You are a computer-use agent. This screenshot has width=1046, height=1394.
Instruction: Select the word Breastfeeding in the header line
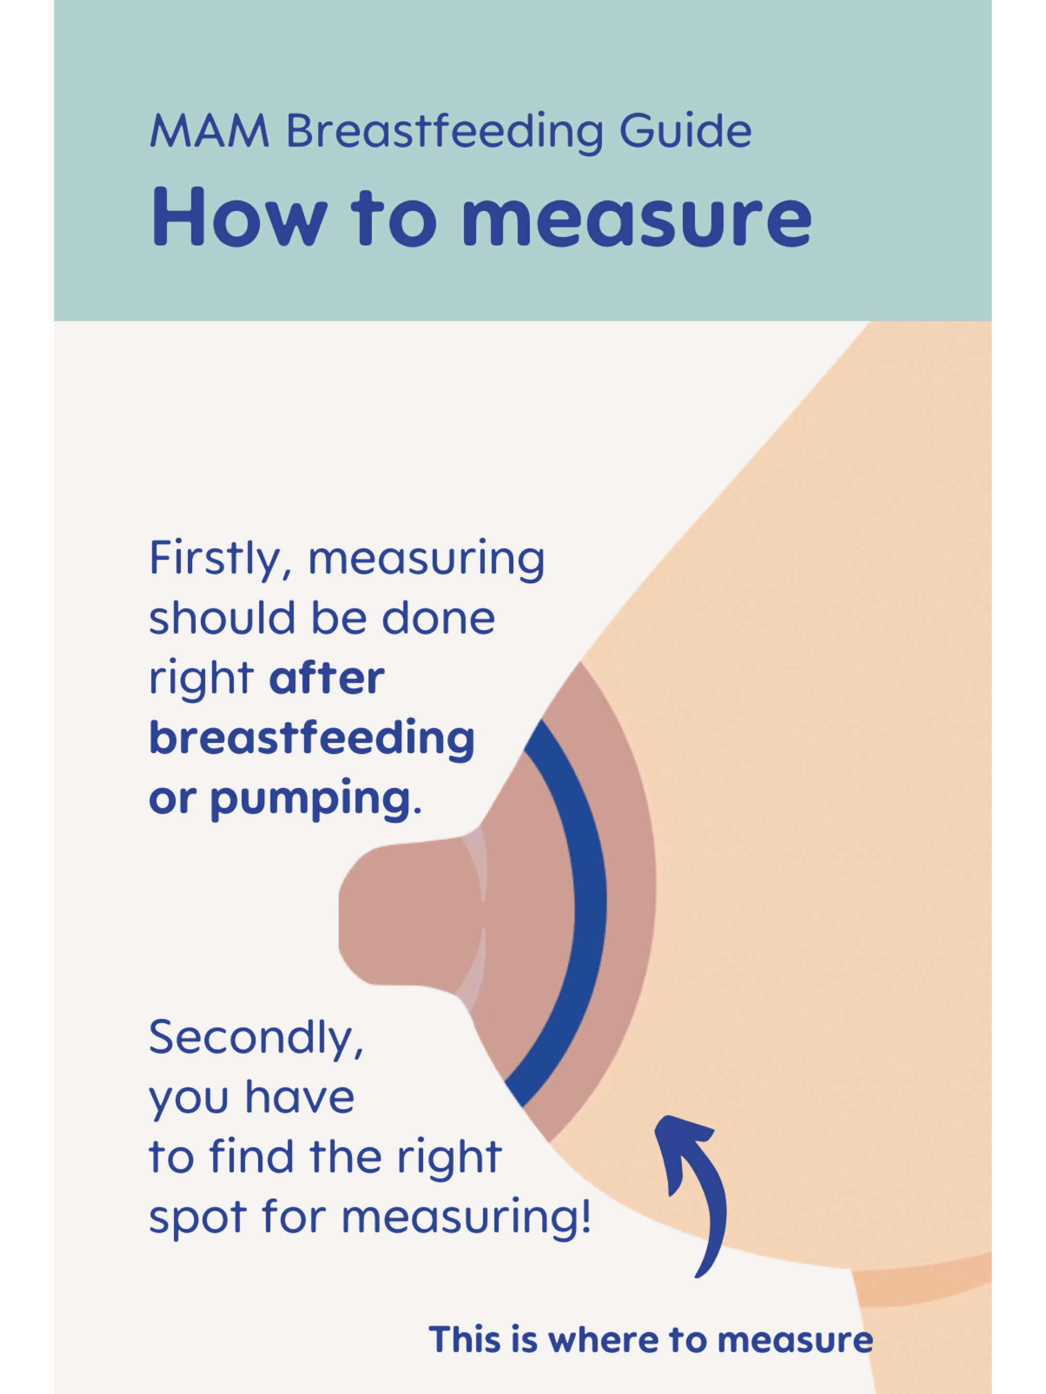[x=445, y=132]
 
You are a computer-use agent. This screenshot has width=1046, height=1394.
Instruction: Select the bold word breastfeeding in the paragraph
[x=312, y=739]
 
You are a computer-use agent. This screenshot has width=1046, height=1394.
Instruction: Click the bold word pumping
[x=310, y=800]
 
